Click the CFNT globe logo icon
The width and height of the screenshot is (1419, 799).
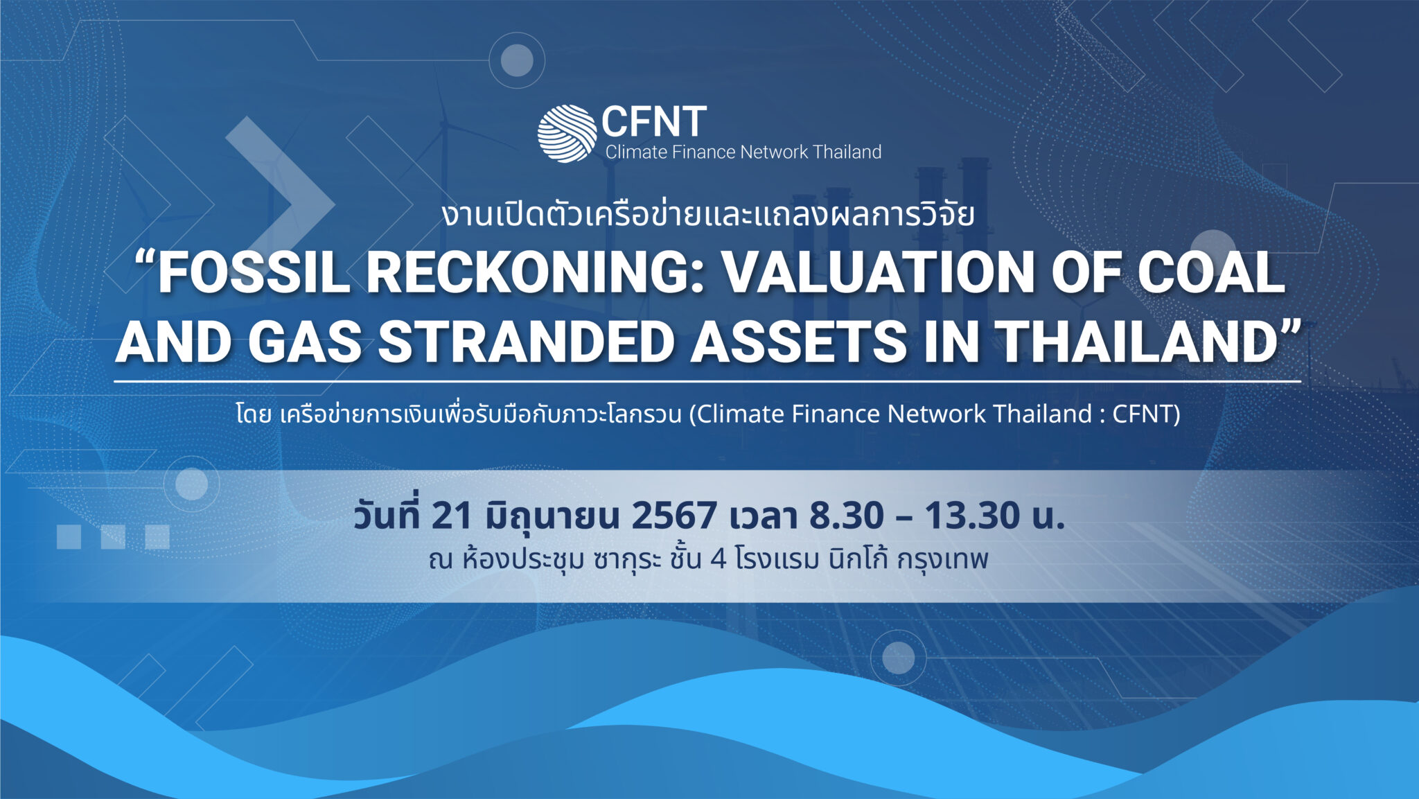click(x=567, y=134)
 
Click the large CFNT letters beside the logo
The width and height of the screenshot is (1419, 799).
click(x=654, y=122)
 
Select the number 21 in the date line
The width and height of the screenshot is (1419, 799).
click(x=451, y=516)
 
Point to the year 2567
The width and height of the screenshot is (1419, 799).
click(x=674, y=516)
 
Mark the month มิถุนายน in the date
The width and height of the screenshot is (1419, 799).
click(x=552, y=516)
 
